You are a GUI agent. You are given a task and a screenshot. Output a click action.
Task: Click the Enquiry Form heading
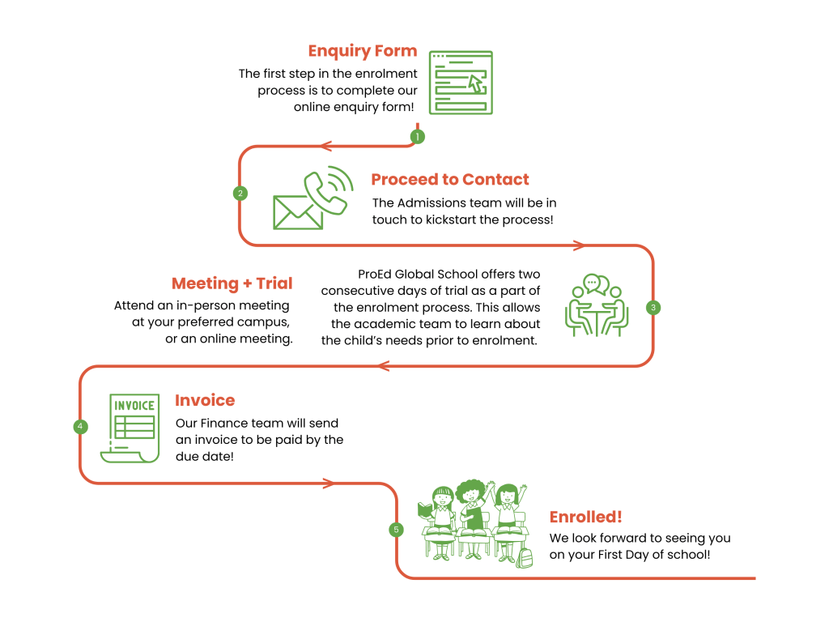(x=362, y=51)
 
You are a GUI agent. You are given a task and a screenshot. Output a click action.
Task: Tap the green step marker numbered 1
(x=418, y=137)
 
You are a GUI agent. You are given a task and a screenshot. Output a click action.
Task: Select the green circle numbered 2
(x=240, y=194)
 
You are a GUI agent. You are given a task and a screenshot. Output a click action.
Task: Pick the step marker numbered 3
(x=653, y=308)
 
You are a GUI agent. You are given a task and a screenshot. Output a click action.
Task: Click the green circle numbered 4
(x=79, y=426)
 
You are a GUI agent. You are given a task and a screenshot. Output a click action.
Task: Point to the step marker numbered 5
(x=396, y=530)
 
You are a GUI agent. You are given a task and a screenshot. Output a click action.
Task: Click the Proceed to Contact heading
(x=450, y=180)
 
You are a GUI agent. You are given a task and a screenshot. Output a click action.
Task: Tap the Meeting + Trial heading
(x=232, y=283)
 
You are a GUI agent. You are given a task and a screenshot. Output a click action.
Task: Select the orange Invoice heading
(x=205, y=400)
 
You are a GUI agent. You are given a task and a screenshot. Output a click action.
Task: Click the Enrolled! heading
(x=586, y=517)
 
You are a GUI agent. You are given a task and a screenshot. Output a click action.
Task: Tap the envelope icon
(x=297, y=212)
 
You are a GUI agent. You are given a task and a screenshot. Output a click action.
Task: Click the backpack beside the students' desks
(x=525, y=556)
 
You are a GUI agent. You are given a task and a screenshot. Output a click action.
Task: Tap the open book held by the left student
(x=424, y=510)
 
